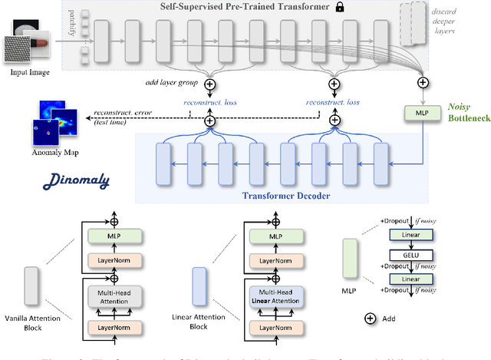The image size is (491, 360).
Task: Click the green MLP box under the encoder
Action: click(x=421, y=111)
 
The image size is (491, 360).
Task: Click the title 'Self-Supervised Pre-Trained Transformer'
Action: click(x=234, y=7)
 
